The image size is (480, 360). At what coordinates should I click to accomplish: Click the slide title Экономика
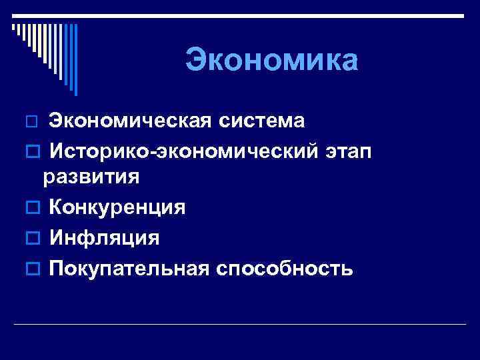point(272,60)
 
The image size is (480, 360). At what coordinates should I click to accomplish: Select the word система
point(265,121)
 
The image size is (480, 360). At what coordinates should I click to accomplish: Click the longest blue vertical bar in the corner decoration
point(75,60)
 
